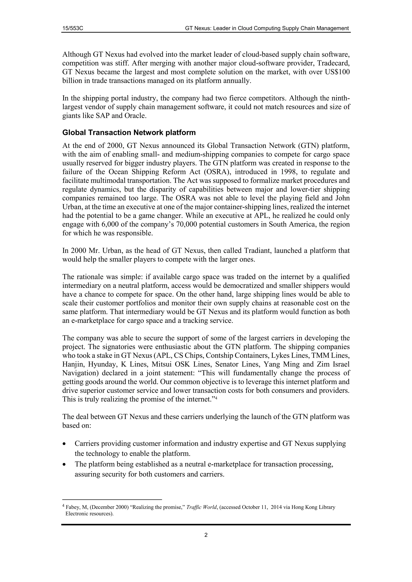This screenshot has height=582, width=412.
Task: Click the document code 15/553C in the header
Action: [73, 28]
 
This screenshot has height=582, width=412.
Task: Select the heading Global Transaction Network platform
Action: [129, 132]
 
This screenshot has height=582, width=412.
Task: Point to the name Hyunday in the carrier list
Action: [103, 364]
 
